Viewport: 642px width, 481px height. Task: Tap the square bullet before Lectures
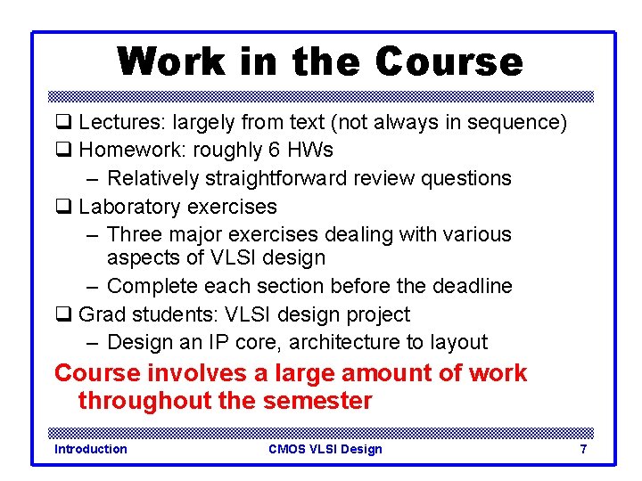click(62, 122)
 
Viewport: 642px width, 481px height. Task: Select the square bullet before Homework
click(62, 151)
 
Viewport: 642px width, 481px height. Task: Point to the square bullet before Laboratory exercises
click(62, 207)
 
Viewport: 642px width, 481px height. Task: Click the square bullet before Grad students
click(62, 314)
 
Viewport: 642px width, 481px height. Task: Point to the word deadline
click(471, 286)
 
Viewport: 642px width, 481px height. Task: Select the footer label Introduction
click(90, 449)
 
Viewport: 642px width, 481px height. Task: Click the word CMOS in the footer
click(287, 449)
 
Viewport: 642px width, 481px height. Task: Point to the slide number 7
click(583, 449)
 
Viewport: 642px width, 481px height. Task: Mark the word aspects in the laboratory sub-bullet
click(139, 258)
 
